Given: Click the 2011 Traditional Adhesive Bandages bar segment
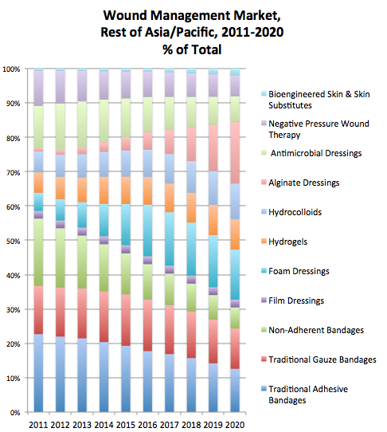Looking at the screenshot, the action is coord(38,373).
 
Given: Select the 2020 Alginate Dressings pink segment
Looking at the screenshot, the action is coord(235,152).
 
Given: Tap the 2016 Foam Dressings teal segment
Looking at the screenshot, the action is coord(147,230).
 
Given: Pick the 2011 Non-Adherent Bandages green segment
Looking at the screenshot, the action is coord(38,252).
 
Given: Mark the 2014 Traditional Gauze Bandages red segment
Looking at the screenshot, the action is coord(104,316).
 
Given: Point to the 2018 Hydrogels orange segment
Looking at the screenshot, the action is coord(191,208).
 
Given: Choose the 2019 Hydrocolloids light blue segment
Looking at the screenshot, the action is coord(213,188).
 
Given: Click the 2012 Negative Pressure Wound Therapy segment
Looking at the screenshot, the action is coord(61,87).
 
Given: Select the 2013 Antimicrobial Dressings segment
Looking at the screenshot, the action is coord(82,124).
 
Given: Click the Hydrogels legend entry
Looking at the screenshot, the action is coord(284,242).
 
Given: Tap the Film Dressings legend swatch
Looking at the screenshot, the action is coord(264,300).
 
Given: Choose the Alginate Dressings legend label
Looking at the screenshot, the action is coord(304,183).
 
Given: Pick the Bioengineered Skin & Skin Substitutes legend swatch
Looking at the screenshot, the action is coord(264,94).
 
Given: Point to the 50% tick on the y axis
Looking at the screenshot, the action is coord(25,240).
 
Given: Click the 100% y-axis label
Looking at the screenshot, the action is coord(12,69).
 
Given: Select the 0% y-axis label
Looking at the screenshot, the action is coord(15,412).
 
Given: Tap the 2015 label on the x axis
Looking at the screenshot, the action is coord(126,425).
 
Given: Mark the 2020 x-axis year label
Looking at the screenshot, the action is coord(235,425).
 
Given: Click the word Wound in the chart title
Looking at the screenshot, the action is coord(125,15).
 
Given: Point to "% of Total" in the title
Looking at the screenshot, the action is coord(192,49).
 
